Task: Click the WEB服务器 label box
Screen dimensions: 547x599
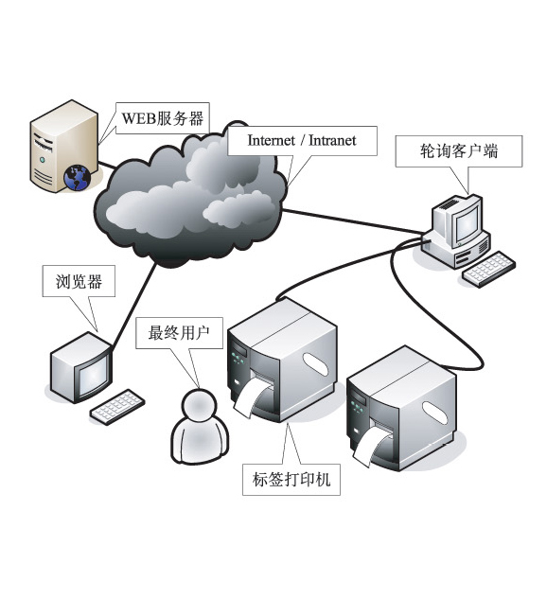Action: (x=163, y=118)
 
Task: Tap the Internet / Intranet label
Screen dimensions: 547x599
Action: (x=302, y=141)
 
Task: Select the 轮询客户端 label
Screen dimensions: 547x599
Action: (x=458, y=150)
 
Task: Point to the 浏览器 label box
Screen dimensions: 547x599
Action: (x=79, y=281)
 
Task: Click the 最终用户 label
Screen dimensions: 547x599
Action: (x=179, y=333)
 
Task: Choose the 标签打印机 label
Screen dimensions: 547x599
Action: (x=291, y=480)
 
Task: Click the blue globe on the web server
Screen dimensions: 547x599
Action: (x=77, y=177)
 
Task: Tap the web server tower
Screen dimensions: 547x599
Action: (x=63, y=146)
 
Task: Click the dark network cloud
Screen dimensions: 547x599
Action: (x=190, y=195)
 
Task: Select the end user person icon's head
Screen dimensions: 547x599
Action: (x=198, y=405)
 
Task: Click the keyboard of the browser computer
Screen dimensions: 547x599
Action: (x=117, y=407)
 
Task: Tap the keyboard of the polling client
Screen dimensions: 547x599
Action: (x=488, y=269)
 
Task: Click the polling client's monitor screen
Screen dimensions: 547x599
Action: (x=466, y=222)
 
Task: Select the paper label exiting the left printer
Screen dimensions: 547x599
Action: (x=249, y=398)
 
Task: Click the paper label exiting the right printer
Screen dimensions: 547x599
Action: (x=368, y=448)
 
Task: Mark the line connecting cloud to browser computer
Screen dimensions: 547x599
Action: (x=133, y=305)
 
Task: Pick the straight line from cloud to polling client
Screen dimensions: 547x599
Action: (x=354, y=220)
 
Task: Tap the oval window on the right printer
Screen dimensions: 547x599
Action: (x=434, y=413)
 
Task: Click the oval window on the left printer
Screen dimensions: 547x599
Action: (x=315, y=363)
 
